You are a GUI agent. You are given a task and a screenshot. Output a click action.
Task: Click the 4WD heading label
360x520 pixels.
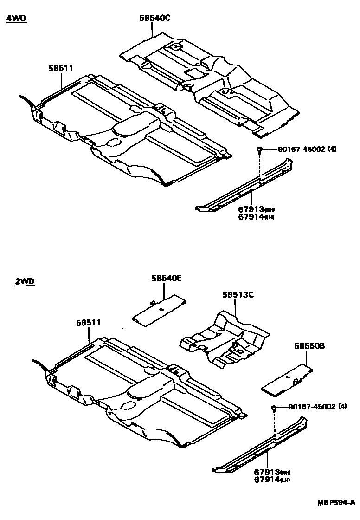(x=17, y=19)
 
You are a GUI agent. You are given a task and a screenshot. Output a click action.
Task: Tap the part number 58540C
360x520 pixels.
(x=155, y=18)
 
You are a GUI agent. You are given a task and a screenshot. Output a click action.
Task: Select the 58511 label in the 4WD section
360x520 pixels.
(x=61, y=68)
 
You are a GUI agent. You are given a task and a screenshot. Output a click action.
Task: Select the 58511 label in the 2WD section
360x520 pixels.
(x=89, y=322)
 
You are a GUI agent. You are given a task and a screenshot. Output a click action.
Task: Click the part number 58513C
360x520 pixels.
(x=238, y=294)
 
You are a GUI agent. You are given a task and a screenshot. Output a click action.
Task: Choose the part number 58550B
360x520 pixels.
(x=310, y=346)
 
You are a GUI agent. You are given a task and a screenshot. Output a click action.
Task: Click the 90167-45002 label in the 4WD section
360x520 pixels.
(x=307, y=149)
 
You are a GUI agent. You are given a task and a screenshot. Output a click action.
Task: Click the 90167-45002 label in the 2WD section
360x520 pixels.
(x=317, y=407)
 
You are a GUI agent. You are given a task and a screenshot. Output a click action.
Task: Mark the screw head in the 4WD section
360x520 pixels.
(x=259, y=149)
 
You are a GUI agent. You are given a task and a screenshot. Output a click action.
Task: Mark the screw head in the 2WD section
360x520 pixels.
(x=274, y=408)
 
